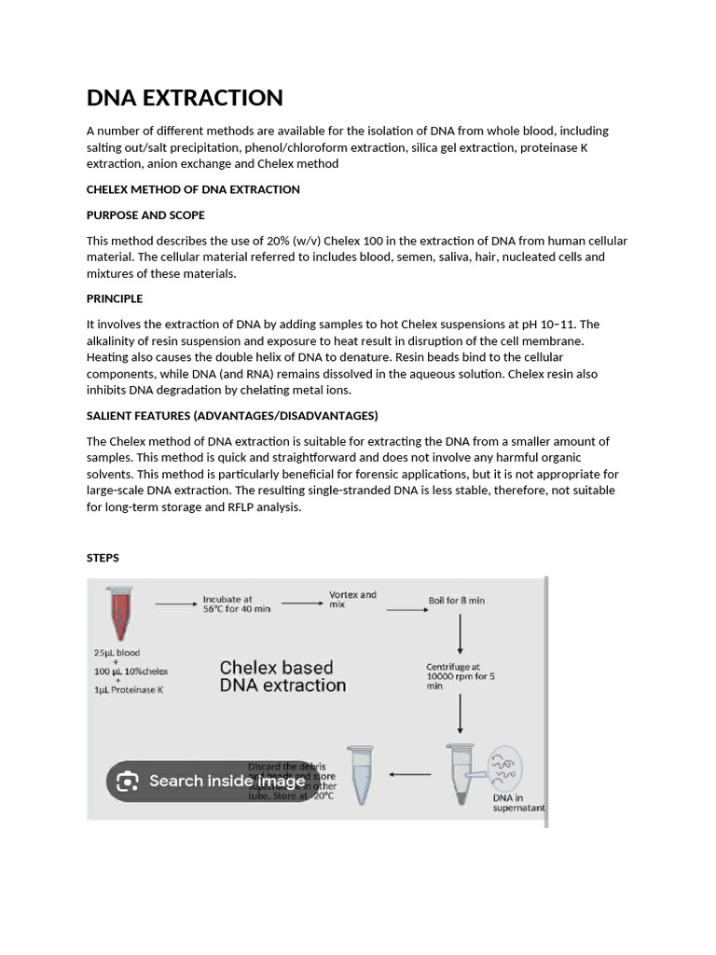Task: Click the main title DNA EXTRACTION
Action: (185, 98)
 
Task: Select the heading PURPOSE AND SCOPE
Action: (145, 215)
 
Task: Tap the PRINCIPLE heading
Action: (115, 298)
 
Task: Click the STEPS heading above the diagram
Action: (103, 558)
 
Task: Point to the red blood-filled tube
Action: (118, 610)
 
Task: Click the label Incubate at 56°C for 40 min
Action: (237, 603)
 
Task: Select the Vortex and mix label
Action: (352, 600)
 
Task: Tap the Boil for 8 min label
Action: (456, 601)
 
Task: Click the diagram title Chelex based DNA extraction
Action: (282, 676)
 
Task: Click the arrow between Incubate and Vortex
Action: (299, 603)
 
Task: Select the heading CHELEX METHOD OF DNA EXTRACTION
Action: (193, 189)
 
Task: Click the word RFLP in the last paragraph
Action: (241, 507)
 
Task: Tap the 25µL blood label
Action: (117, 653)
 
